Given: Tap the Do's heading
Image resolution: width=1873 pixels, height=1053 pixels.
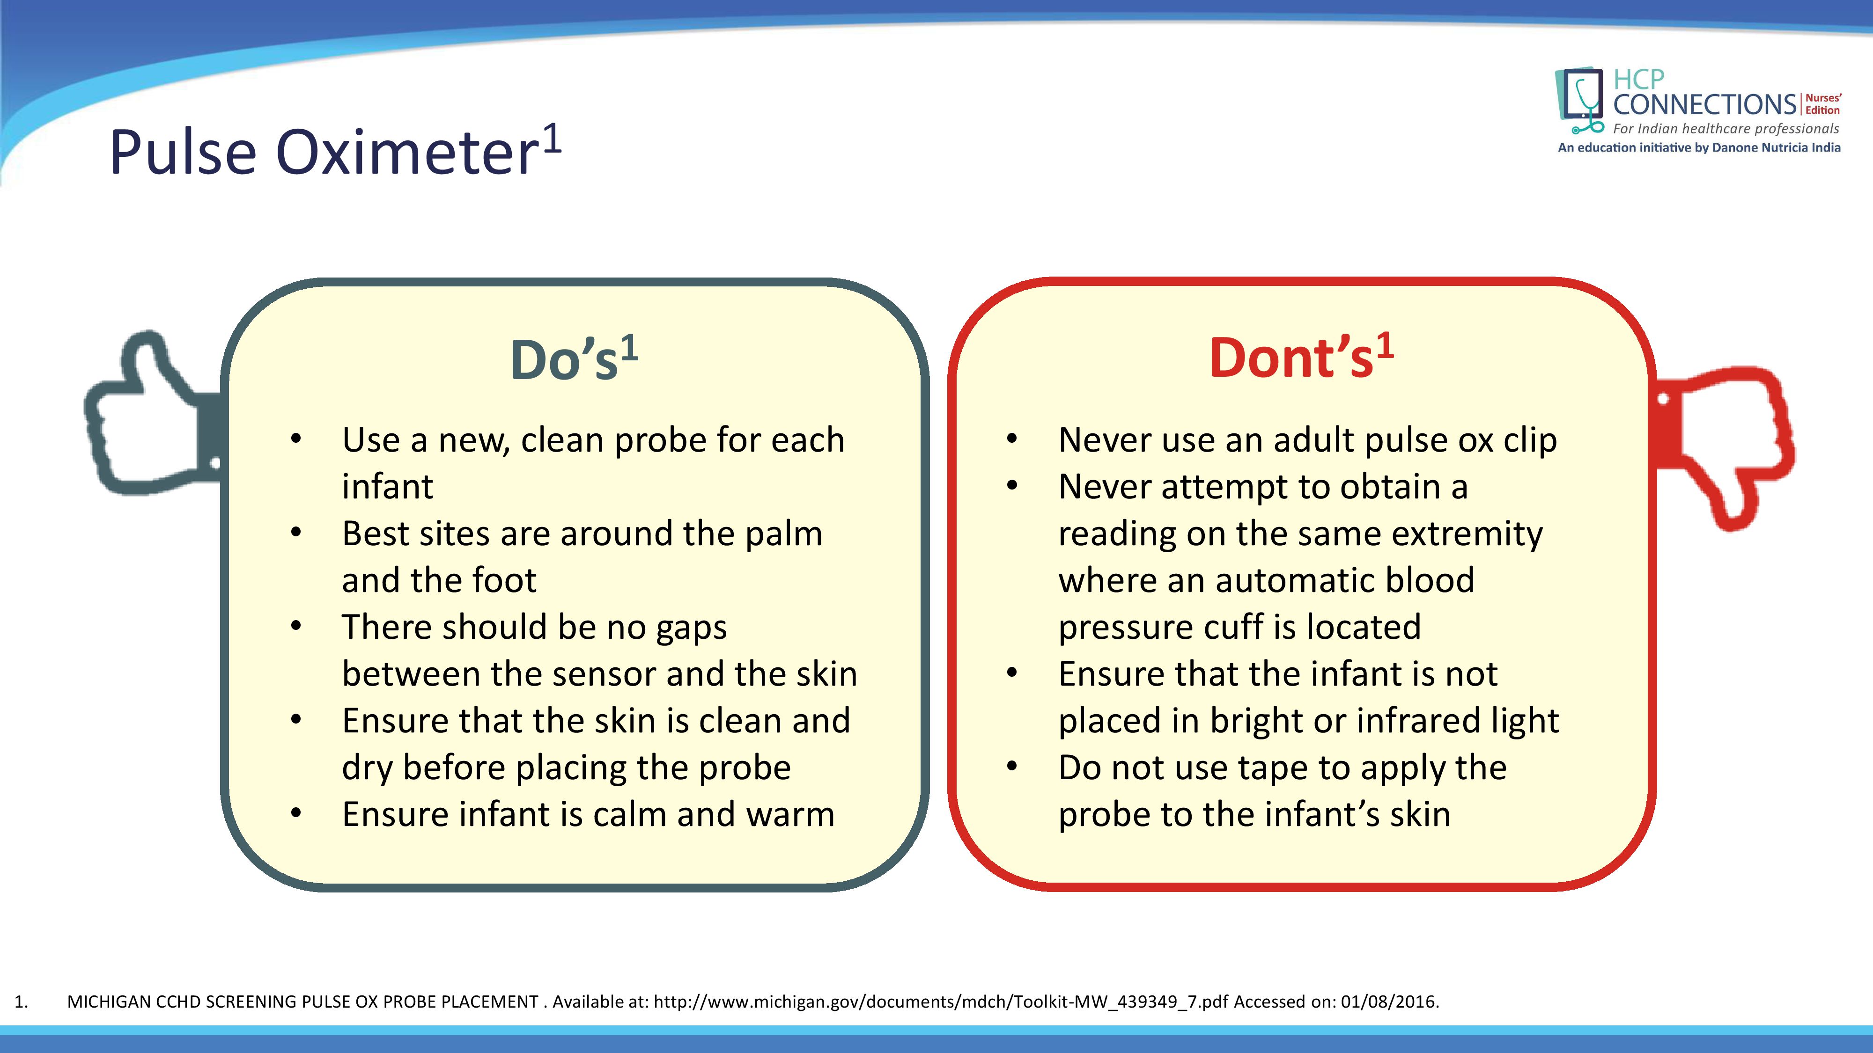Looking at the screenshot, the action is (575, 358).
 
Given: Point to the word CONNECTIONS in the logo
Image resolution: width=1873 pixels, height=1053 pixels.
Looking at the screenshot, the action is (1705, 105).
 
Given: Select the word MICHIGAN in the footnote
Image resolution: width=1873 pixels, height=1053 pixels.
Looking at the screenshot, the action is (109, 1002).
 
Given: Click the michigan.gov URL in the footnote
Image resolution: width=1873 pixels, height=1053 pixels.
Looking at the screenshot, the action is (941, 1002).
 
